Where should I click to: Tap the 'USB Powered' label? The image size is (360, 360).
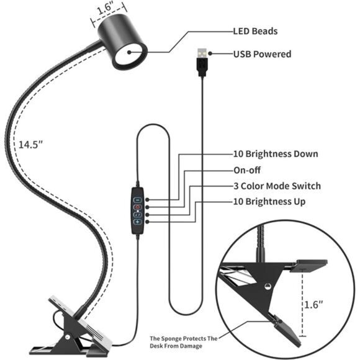tap(262, 54)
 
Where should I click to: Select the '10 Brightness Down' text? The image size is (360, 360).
tap(276, 154)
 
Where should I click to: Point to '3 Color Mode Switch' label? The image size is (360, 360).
tap(277, 186)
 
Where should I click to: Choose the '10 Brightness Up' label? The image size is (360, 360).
tap(269, 202)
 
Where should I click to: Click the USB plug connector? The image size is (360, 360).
tap(202, 58)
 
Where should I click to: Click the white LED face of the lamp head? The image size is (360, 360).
tap(130, 53)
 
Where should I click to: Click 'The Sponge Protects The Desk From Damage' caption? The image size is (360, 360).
tap(184, 342)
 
